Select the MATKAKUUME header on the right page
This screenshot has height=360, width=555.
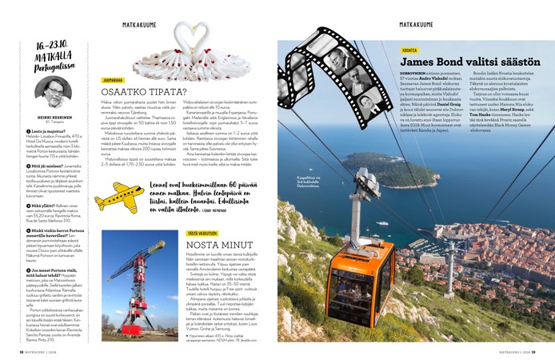click(416, 25)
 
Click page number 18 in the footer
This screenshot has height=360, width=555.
click(22, 350)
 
